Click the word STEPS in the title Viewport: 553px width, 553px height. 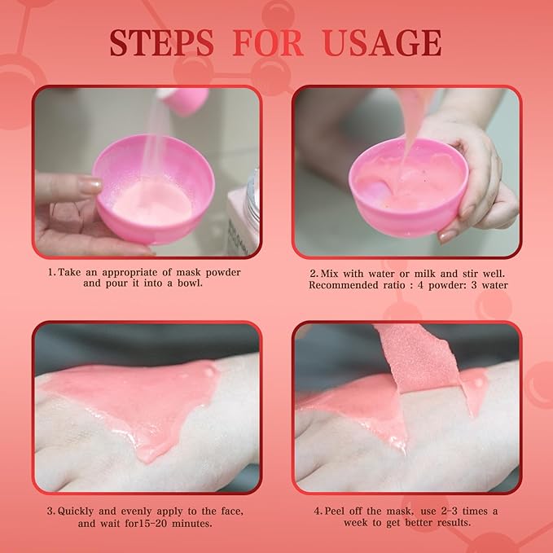coord(161,43)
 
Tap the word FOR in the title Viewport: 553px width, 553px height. coord(268,43)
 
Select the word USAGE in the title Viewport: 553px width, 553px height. coord(382,43)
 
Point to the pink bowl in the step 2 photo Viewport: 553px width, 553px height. coord(408,187)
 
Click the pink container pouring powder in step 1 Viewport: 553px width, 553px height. coord(182,99)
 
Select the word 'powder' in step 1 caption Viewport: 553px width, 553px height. coord(223,272)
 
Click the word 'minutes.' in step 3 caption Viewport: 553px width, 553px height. coord(192,524)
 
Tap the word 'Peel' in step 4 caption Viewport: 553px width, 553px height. coord(334,511)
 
